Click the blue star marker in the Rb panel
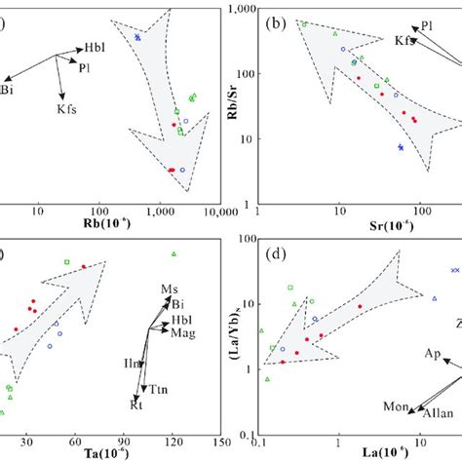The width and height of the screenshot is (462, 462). tap(138, 37)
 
